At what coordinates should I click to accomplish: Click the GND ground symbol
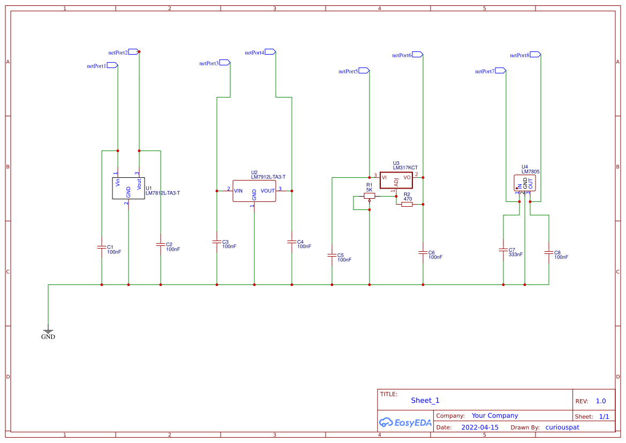point(48,332)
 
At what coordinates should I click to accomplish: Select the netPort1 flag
point(112,65)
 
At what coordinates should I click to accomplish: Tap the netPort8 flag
point(535,55)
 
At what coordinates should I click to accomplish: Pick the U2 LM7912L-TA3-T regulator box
point(254,191)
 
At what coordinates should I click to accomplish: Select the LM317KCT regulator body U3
point(396,180)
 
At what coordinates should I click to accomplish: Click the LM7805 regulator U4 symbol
point(525,183)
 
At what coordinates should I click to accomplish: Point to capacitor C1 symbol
point(102,247)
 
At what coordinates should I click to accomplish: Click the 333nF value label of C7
point(516,255)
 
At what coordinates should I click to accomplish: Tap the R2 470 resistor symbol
point(407,204)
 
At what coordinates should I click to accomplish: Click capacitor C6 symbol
point(423,252)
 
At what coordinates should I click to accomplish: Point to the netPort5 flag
point(364,71)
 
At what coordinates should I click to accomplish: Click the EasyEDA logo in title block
point(405,422)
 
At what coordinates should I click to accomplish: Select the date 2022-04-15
point(480,427)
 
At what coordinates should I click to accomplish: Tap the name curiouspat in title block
point(562,427)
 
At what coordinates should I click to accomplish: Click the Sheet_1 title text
point(425,401)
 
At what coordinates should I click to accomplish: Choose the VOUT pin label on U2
point(268,191)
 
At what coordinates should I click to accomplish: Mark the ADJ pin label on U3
point(396,183)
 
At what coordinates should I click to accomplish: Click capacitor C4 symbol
point(292,242)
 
